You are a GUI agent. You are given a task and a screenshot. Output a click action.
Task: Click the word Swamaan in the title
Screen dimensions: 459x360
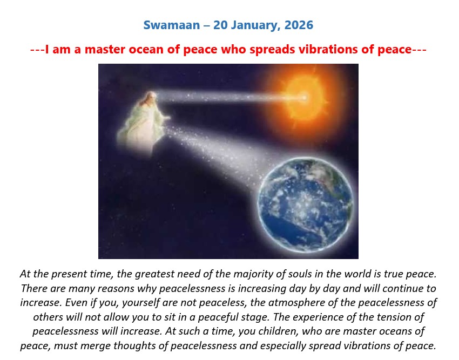coord(172,25)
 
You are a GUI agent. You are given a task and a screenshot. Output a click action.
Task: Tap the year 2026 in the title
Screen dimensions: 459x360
coord(299,25)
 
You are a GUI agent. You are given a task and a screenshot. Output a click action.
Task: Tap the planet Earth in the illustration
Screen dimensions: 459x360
coord(305,205)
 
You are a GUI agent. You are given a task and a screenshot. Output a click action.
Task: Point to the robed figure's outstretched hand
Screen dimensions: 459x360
coord(167,118)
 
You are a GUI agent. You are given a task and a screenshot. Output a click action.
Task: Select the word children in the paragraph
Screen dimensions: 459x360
coord(277,331)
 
